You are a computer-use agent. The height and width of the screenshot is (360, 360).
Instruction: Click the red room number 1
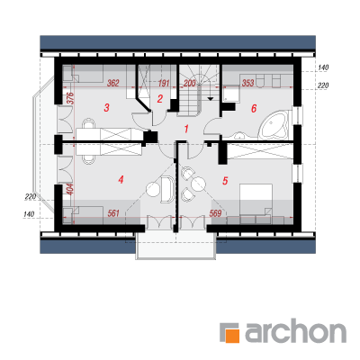point(186,130)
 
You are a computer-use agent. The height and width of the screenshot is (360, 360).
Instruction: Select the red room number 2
point(160,99)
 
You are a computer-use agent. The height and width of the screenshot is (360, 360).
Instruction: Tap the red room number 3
point(106,108)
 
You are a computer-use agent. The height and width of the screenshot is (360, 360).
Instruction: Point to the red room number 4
point(121,180)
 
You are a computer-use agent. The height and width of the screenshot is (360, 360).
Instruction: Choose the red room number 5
point(225,181)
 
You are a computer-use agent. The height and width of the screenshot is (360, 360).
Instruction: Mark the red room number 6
point(254,108)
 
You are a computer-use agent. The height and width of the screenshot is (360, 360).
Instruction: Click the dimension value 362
point(113,83)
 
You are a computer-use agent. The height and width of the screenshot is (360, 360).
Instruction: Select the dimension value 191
point(164,83)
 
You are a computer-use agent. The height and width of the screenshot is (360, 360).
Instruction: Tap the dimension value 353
point(248,83)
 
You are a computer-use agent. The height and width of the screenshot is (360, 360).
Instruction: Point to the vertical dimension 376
point(69,98)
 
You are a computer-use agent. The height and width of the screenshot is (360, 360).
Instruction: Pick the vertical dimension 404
point(69,190)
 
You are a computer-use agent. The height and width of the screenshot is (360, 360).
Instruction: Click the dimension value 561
point(113,213)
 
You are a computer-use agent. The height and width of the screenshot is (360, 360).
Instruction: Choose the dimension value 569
point(215,213)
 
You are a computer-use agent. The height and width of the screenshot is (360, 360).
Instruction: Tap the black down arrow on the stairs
point(211,98)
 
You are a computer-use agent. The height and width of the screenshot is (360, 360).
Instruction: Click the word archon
point(296,331)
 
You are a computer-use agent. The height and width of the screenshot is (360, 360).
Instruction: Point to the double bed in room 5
point(256,201)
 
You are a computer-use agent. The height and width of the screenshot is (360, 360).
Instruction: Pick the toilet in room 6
point(260,81)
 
